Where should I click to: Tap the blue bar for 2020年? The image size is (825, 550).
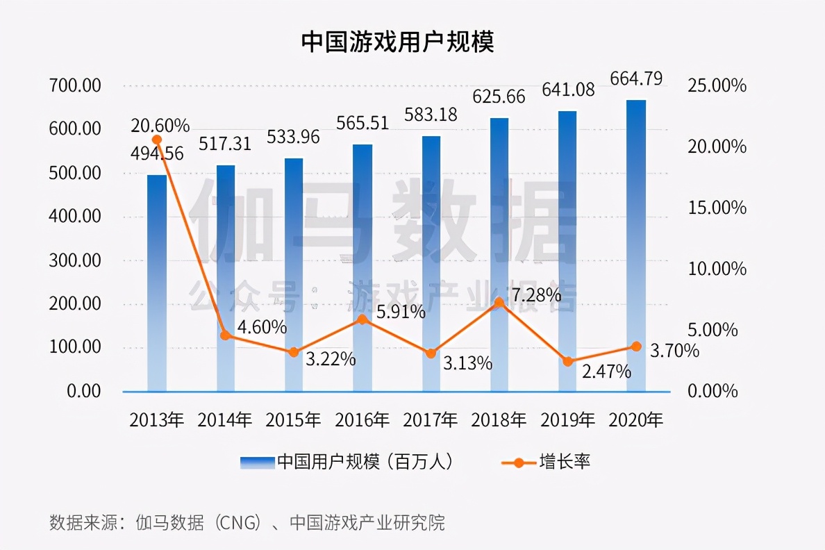tap(636, 246)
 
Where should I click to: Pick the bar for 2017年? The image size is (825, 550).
tap(431, 264)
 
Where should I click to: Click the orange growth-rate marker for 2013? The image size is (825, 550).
tap(157, 140)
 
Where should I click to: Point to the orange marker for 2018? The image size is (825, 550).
tap(499, 302)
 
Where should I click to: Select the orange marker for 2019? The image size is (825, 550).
tap(567, 362)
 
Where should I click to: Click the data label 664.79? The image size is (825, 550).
tap(636, 78)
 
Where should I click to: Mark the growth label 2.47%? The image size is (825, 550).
tap(606, 372)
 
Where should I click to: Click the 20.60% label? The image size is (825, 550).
tap(160, 126)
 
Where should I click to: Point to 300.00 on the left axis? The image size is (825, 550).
tap(76, 260)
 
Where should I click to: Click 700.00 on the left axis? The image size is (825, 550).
tap(76, 86)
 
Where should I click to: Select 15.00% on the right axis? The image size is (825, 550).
tap(717, 208)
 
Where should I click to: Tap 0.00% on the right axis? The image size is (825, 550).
tap(712, 391)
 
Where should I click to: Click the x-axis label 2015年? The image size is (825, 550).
tap(294, 420)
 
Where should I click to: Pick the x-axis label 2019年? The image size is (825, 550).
tap(567, 420)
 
